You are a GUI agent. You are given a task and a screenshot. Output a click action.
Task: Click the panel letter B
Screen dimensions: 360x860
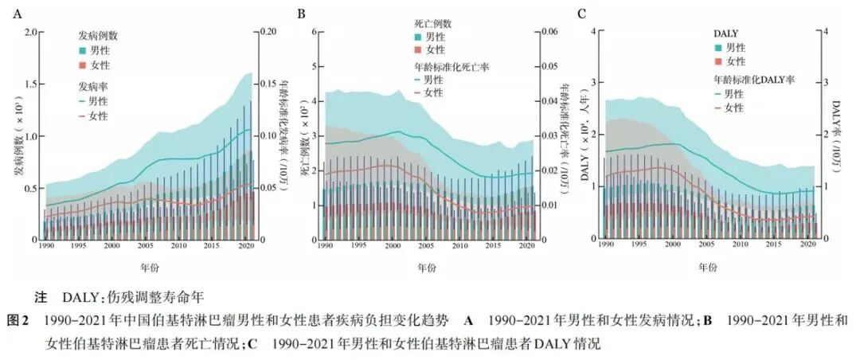click(301, 14)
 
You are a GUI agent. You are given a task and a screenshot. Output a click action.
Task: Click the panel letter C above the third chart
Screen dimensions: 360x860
click(582, 14)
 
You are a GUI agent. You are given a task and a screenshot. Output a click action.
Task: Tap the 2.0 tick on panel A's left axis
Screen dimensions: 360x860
click(32, 32)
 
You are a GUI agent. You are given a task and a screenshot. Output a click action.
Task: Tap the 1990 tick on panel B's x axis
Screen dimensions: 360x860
click(324, 246)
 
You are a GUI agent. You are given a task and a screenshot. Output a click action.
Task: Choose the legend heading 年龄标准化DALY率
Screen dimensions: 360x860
click(753, 80)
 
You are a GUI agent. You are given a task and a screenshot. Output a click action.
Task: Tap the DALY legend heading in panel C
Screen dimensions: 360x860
click(725, 33)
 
